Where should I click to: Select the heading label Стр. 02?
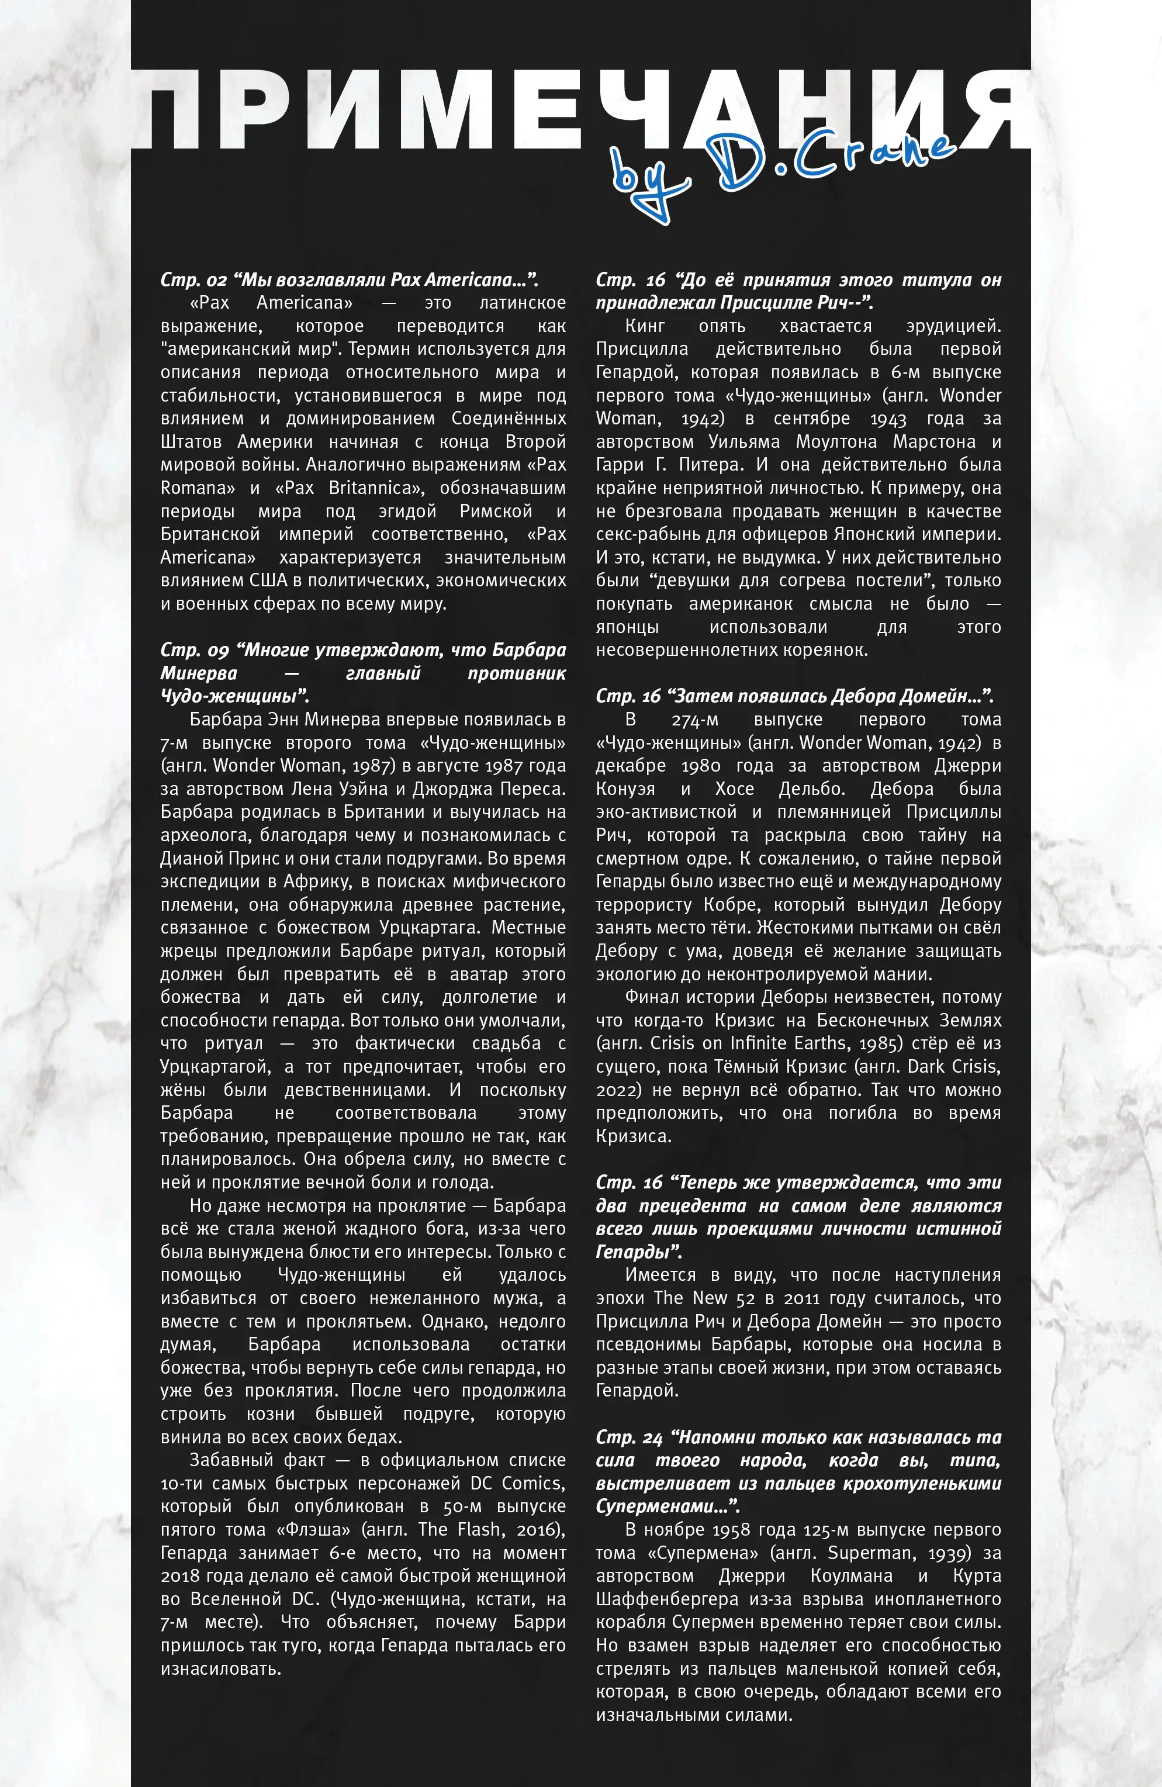pos(193,280)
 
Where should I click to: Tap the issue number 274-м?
pos(694,720)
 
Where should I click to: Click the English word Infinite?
pos(760,1043)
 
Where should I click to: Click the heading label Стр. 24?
pos(629,1438)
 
